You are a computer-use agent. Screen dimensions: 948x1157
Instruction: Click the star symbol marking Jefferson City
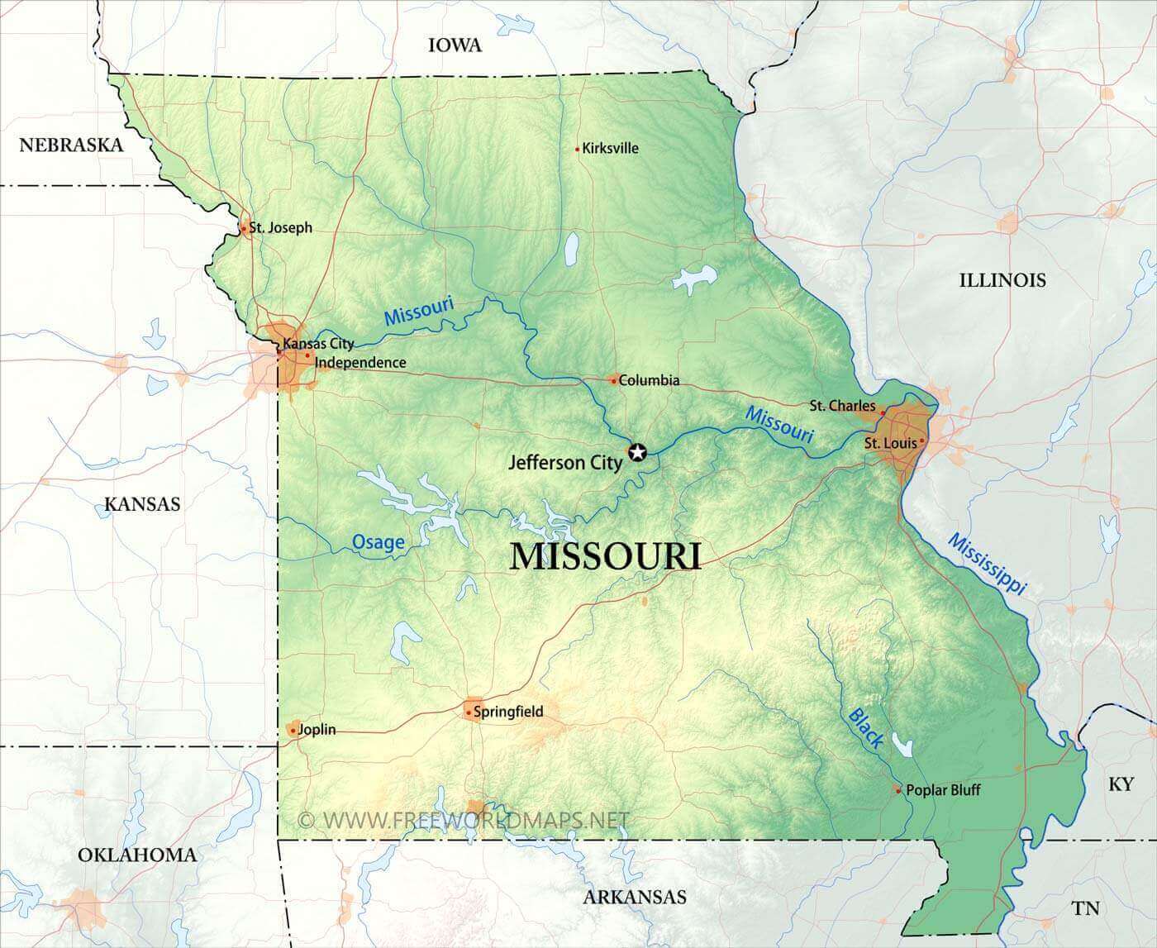(x=637, y=452)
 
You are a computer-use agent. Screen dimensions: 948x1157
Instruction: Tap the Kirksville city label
(x=610, y=149)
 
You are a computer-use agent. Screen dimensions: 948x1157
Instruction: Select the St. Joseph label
(x=281, y=227)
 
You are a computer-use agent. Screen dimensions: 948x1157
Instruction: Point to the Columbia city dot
(x=613, y=380)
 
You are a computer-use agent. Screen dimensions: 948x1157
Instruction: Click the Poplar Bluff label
(x=943, y=790)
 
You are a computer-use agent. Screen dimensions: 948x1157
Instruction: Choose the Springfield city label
(x=508, y=712)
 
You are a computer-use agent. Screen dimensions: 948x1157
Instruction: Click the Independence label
(x=360, y=363)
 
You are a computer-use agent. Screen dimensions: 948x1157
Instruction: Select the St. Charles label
(x=842, y=406)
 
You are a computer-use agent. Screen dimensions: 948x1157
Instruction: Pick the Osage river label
(x=379, y=542)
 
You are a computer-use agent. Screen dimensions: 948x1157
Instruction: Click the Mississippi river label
(x=987, y=565)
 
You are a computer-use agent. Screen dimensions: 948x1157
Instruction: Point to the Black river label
(x=865, y=728)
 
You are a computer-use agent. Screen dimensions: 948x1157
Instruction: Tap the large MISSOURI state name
(x=606, y=556)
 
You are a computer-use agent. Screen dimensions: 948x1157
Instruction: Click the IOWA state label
(x=455, y=45)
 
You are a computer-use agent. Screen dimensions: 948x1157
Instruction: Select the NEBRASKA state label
(x=71, y=145)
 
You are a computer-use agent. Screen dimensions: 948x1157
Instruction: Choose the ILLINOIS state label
(x=1002, y=280)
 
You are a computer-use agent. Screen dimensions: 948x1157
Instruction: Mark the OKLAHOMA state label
(x=137, y=855)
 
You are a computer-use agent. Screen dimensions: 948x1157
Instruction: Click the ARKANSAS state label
(x=635, y=897)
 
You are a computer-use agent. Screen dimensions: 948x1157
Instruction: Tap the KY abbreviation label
(x=1121, y=784)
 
